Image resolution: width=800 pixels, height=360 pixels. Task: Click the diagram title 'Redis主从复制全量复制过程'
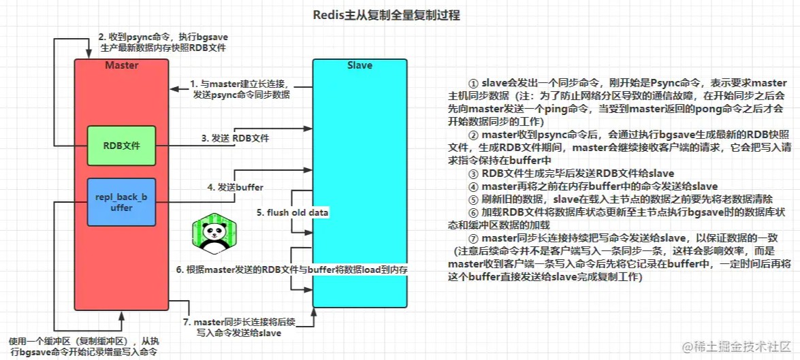[x=386, y=16]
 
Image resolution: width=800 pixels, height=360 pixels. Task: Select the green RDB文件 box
[x=121, y=146]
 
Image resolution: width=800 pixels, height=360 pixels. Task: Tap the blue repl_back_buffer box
[x=121, y=202]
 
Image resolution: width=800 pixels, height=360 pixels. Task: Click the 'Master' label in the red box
[x=121, y=65]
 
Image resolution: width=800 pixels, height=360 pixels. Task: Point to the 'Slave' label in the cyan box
[x=359, y=65]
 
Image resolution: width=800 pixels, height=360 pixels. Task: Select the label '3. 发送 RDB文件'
[x=235, y=138]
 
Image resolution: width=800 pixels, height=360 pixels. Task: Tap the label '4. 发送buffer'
[x=235, y=187]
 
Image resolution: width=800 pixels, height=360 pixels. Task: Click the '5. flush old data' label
[x=292, y=212]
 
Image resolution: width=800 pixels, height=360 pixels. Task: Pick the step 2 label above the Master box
[x=163, y=42]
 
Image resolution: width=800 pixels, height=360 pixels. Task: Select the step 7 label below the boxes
[x=239, y=327]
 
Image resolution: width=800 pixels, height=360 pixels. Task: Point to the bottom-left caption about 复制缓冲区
[x=84, y=346]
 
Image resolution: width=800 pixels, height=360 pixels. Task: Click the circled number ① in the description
[x=473, y=82]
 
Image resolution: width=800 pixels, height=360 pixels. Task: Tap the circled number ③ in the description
[x=473, y=174]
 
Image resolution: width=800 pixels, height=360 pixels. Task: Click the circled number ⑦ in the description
[x=473, y=239]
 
